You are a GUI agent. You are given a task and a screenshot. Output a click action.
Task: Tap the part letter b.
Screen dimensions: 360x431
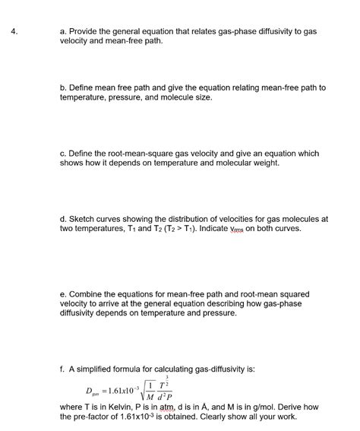tap(63, 87)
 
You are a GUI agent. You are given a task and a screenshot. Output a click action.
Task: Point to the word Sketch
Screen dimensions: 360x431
tap(84, 219)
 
